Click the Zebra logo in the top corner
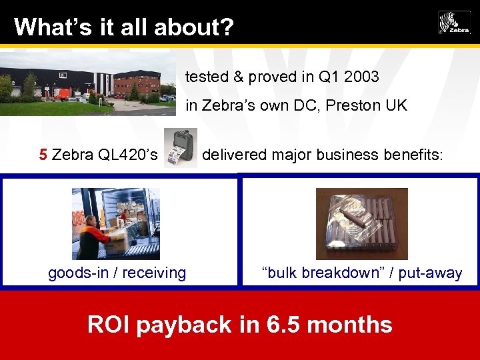454,23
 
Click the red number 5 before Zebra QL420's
43,155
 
